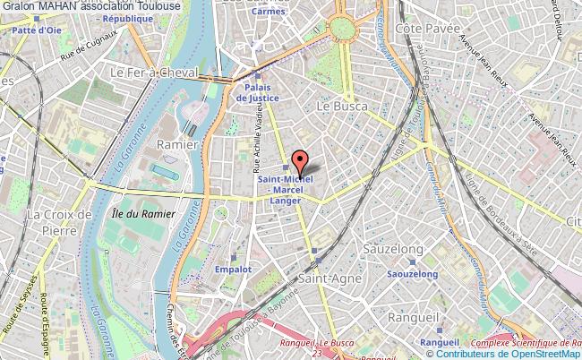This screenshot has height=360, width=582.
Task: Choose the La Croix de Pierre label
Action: pyautogui.click(x=61, y=221)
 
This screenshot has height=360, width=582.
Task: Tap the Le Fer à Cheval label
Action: pyautogui.click(x=151, y=72)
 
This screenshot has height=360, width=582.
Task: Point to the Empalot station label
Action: pyautogui.click(x=234, y=269)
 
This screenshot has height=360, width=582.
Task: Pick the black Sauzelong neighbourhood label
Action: pyautogui.click(x=397, y=245)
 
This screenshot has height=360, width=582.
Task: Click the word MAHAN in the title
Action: pyautogui.click(x=64, y=7)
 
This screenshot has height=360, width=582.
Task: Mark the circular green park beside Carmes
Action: pyautogui.click(x=343, y=30)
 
